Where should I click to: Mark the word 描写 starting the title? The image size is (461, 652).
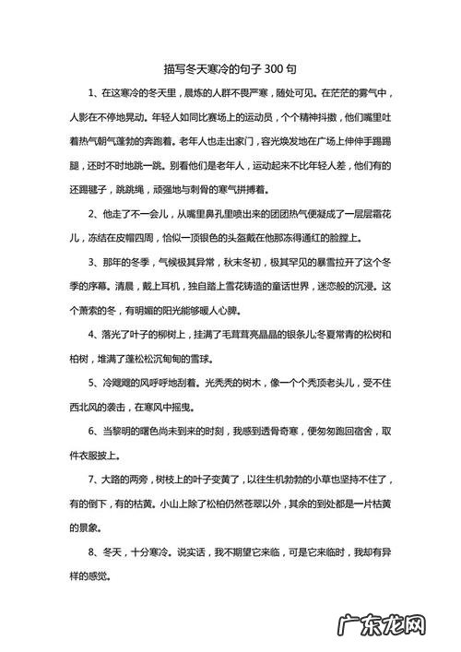point(173,70)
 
